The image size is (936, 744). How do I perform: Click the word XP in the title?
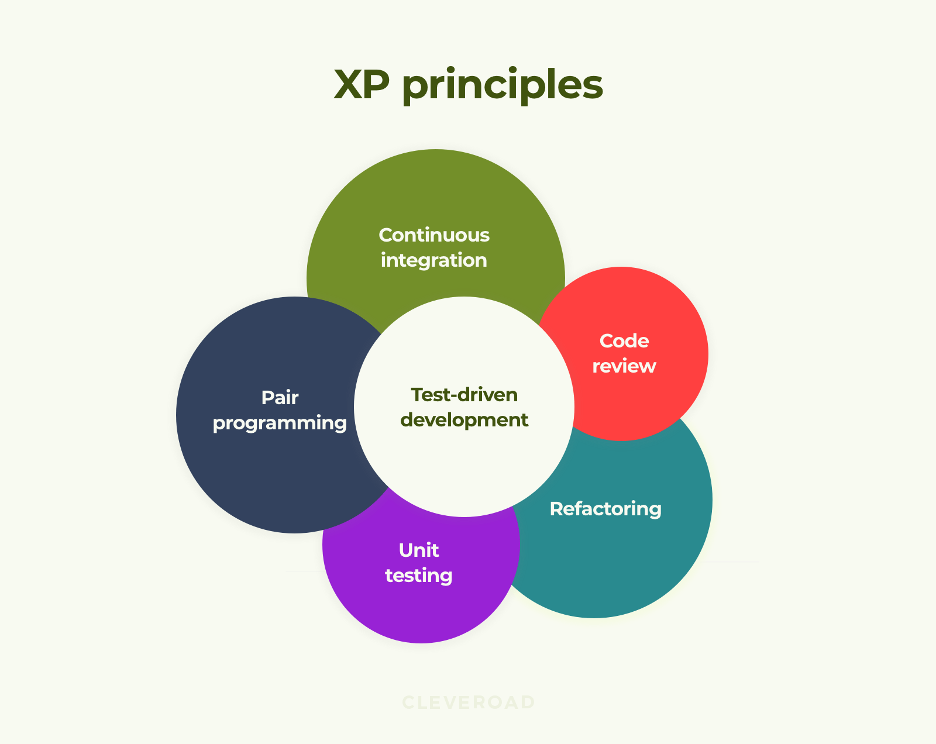pyautogui.click(x=362, y=84)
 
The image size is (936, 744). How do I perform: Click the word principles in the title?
pyautogui.click(x=503, y=85)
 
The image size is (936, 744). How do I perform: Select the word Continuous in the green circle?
pyautogui.click(x=434, y=235)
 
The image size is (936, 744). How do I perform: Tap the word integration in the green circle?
pyautogui.click(x=433, y=260)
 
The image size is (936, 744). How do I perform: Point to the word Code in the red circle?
pyautogui.click(x=624, y=341)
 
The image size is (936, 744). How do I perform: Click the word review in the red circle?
pyautogui.click(x=624, y=366)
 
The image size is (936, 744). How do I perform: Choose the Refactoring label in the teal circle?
pyautogui.click(x=605, y=509)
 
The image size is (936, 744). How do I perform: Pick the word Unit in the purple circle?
pyautogui.click(x=419, y=550)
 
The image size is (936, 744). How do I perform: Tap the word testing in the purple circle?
pyautogui.click(x=419, y=576)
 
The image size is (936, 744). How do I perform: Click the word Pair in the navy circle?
pyautogui.click(x=280, y=397)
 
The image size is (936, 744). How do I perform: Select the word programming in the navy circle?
pyautogui.click(x=280, y=423)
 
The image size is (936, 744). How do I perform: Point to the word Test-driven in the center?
pyautogui.click(x=464, y=395)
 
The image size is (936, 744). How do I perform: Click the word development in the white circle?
pyautogui.click(x=464, y=420)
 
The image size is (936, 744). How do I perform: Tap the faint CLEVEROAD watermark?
pyautogui.click(x=469, y=702)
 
